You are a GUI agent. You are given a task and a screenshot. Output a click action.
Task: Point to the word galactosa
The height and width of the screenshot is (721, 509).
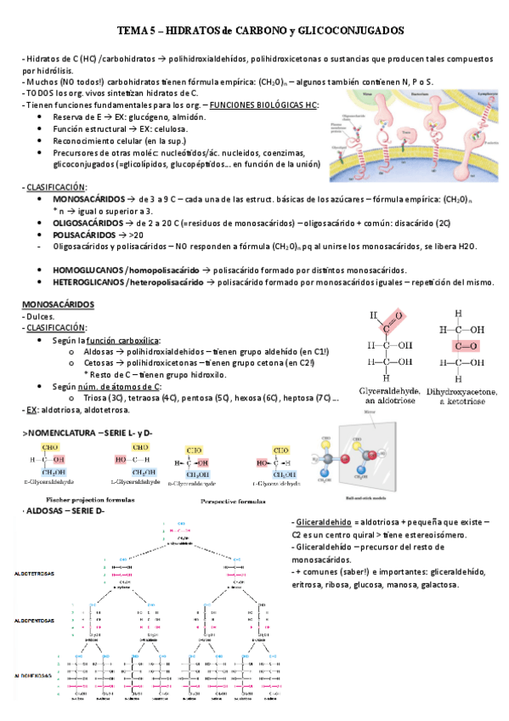click(x=434, y=585)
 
